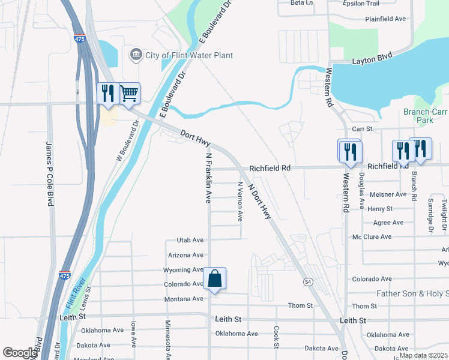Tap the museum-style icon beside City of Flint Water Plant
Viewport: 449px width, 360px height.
pyautogui.click(x=136, y=55)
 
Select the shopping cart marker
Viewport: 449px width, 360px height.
pyautogui.click(x=129, y=94)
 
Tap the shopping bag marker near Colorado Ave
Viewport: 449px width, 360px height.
pyautogui.click(x=215, y=279)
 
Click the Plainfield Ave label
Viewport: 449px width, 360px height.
pyautogui.click(x=385, y=19)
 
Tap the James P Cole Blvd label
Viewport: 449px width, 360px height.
pyautogui.click(x=50, y=174)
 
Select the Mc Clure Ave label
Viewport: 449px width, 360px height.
pyautogui.click(x=372, y=237)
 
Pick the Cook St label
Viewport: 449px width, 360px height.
pyautogui.click(x=276, y=337)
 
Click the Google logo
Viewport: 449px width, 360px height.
pyautogui.click(x=20, y=353)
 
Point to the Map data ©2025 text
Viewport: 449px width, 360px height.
pyautogui.click(x=423, y=355)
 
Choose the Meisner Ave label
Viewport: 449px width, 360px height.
pyautogui.click(x=388, y=194)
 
